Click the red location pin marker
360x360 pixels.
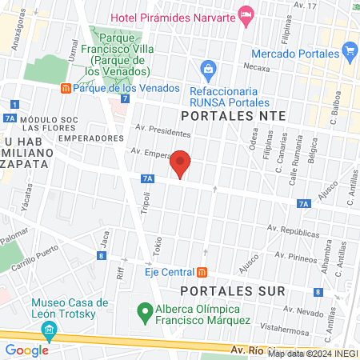point(181,165)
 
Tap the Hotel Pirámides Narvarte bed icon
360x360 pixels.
point(246,14)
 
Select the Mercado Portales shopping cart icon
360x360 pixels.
point(350,53)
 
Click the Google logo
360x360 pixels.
point(26,350)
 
